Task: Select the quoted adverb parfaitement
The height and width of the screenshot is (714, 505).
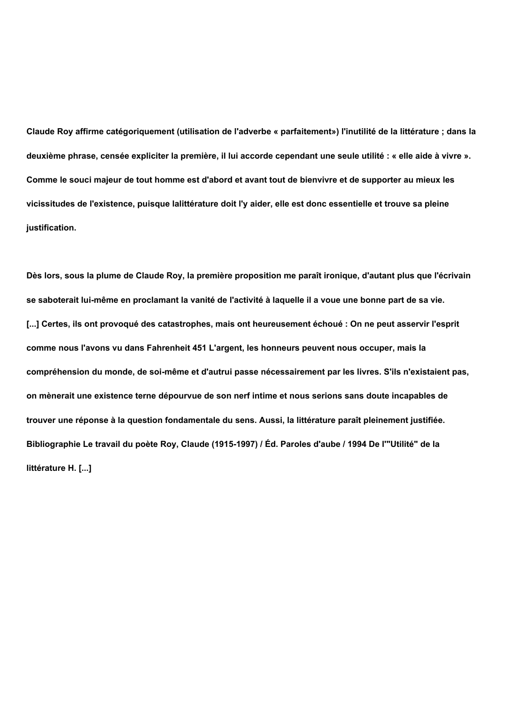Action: (x=306, y=132)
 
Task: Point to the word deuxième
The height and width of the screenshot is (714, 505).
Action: (x=46, y=156)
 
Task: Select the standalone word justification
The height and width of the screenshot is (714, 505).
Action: (x=51, y=228)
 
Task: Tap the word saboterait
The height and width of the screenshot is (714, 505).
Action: (x=57, y=300)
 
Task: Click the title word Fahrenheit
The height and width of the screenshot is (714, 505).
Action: (x=168, y=348)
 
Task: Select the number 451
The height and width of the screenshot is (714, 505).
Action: (x=200, y=348)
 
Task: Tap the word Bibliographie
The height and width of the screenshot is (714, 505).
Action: (x=54, y=444)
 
